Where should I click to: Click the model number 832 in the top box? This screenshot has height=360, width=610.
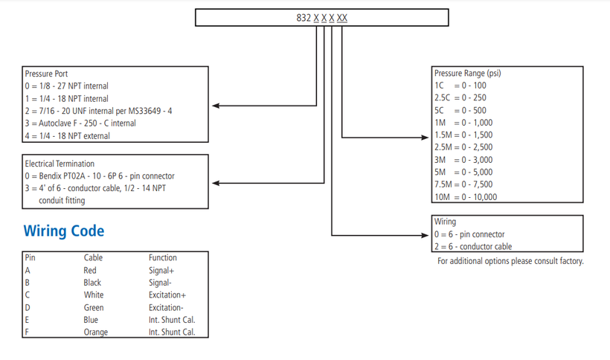tap(304, 18)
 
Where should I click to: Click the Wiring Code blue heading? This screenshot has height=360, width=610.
tap(64, 231)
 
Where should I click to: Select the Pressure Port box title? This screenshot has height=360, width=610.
tap(46, 74)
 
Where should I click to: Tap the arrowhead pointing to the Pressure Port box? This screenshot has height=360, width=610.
tap(216, 106)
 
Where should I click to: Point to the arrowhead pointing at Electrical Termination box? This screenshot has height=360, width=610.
tap(216, 183)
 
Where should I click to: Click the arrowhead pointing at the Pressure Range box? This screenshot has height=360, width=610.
tap(425, 138)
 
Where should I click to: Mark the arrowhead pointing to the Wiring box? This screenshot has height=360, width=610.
tap(425, 235)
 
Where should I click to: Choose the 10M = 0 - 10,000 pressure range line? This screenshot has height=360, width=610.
tap(466, 197)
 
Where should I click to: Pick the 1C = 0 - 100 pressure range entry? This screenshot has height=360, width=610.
tap(460, 86)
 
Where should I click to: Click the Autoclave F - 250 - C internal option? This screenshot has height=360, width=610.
tap(80, 123)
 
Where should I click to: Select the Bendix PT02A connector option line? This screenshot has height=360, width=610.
tap(100, 176)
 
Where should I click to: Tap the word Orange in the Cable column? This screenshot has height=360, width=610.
tap(96, 332)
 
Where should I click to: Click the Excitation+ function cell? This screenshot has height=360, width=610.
tap(167, 295)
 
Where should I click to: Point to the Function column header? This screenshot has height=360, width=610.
tap(163, 258)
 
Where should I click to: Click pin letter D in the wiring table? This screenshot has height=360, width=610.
tap(28, 307)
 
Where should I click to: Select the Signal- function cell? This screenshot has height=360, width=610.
tap(160, 283)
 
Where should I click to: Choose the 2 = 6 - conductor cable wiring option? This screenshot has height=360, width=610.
tap(473, 246)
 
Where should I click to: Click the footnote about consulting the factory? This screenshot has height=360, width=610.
tap(510, 261)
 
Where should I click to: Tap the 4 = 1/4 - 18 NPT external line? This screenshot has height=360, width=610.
tap(67, 136)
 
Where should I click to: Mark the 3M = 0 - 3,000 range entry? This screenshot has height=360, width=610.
tap(463, 160)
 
